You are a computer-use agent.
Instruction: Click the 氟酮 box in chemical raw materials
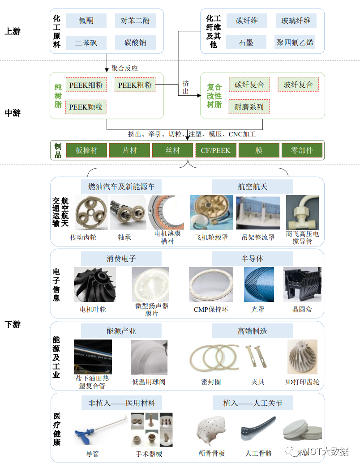point(86,21)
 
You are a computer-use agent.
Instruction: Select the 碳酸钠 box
point(135,43)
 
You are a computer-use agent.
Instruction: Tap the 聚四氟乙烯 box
point(295,43)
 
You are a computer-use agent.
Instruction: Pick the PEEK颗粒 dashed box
point(86,107)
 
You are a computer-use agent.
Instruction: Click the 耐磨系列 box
point(249,107)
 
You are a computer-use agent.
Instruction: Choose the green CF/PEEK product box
point(215,150)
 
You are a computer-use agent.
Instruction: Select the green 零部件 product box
point(302,150)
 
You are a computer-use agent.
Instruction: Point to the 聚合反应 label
point(125,68)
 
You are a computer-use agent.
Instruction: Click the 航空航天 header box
point(252,186)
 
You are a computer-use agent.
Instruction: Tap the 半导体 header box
point(252,259)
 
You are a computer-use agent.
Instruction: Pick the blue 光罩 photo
point(258,284)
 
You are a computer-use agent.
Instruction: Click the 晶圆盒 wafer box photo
point(302,284)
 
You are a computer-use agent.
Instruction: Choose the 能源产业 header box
point(121,331)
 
